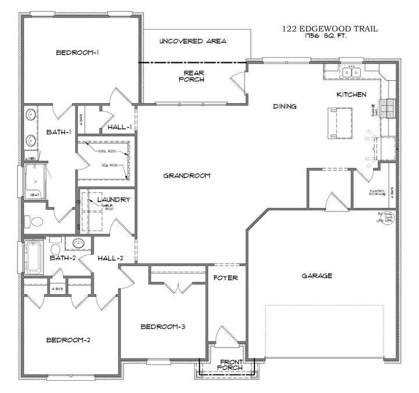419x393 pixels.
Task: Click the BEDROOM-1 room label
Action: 77,53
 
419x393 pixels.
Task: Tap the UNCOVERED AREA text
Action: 192,41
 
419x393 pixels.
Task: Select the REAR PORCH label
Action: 192,76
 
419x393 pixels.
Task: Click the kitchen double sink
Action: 352,72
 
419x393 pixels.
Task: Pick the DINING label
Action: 285,107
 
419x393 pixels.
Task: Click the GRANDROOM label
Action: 186,175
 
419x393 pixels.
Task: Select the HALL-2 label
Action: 110,259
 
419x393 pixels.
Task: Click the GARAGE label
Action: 317,275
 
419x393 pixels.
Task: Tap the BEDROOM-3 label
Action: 163,327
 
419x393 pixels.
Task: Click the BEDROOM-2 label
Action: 68,340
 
